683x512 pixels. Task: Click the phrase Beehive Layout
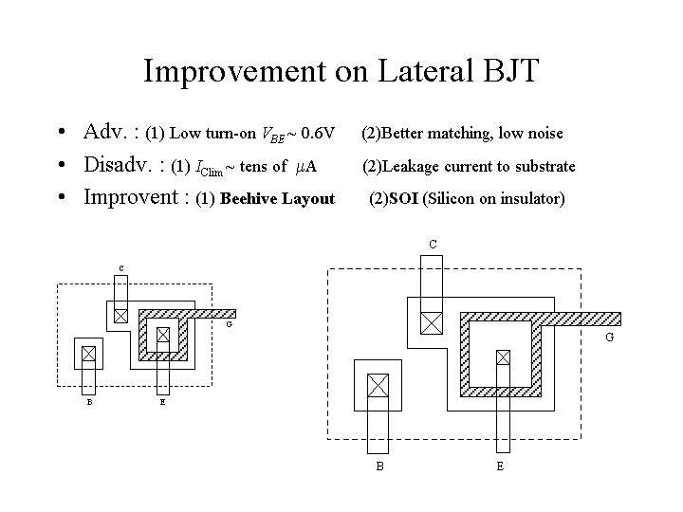pos(277,198)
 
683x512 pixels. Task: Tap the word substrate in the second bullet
pos(545,167)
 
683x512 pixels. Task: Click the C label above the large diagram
pos(433,245)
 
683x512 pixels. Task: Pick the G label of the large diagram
pos(609,338)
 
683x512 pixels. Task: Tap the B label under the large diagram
pos(379,466)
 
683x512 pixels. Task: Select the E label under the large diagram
pos(500,466)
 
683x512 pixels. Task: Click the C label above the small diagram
pos(120,267)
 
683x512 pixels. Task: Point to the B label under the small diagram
pos(89,401)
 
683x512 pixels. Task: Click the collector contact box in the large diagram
pos(432,322)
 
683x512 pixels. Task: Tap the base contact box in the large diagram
pos(378,385)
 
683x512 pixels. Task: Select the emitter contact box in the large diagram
pos(502,357)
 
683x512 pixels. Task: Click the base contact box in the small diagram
pos(89,354)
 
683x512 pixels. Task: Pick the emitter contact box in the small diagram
pos(162,334)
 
